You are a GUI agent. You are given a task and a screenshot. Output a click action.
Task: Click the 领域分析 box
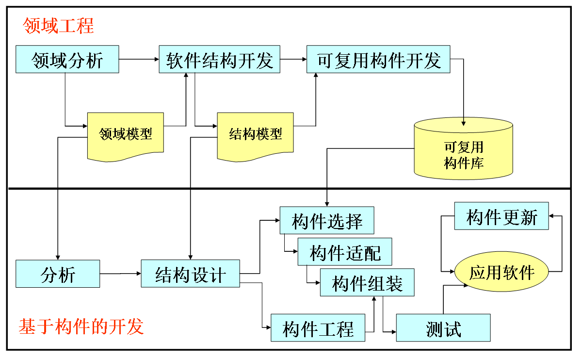67,59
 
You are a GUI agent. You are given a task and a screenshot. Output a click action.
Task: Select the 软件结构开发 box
220,59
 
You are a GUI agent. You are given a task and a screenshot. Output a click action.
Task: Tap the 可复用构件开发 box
378,59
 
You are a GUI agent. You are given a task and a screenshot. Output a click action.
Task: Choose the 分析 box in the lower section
58,274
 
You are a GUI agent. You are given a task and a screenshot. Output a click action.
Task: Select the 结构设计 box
191,274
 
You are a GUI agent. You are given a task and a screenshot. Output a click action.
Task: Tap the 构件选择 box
327,221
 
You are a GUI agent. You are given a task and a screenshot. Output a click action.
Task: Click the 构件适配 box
345,252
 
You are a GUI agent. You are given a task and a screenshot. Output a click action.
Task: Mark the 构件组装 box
367,282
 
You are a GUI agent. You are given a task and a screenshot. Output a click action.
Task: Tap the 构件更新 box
501,216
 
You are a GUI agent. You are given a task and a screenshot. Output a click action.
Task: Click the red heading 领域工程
58,26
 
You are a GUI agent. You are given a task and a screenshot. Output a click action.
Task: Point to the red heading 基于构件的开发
81,327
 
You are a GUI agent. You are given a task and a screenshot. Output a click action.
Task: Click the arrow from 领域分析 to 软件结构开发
139,59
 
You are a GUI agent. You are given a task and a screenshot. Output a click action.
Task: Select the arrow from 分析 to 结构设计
120,274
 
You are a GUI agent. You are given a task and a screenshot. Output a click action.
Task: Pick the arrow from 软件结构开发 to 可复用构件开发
293,59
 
